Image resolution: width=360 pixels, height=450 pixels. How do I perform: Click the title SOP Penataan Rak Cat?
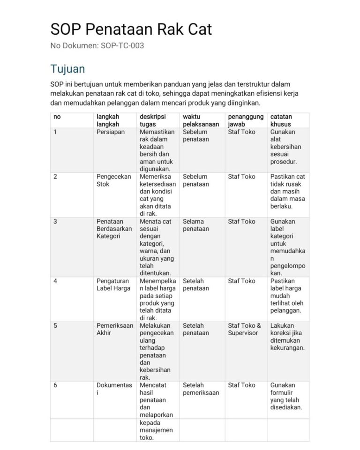131,30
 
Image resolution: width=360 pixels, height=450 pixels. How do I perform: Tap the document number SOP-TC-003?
97,46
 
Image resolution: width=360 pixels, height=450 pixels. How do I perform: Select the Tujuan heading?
67,69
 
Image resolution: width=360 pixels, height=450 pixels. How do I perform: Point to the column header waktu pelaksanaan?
201,120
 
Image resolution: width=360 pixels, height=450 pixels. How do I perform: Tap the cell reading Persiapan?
110,132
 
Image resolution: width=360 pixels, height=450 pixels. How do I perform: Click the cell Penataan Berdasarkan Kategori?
114,229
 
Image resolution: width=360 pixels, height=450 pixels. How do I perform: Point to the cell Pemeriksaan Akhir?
114,329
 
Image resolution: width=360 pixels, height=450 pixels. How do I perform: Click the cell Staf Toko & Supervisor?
244,329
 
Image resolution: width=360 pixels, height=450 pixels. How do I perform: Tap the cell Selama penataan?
196,225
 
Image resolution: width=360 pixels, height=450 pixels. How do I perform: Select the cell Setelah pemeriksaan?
201,389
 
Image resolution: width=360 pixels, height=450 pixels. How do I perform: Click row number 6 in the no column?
55,385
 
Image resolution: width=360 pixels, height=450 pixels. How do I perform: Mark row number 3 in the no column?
55,221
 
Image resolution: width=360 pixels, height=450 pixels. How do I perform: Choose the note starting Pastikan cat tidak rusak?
287,191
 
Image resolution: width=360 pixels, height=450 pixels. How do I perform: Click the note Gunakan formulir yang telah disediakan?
286,396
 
